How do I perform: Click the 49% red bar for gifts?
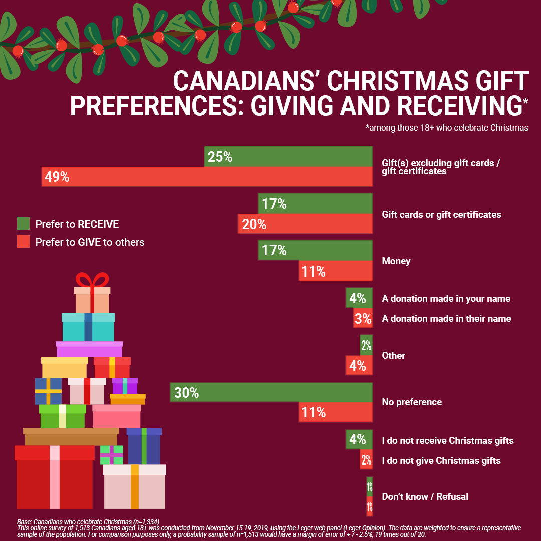point(206,177)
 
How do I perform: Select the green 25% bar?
point(288,157)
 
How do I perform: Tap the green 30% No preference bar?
point(271,393)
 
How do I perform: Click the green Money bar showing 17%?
point(315,250)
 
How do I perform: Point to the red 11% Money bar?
point(336,271)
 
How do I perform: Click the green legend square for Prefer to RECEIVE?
point(23,223)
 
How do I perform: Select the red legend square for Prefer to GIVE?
point(23,242)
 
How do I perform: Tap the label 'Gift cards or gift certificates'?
point(441,214)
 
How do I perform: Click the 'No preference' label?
point(412,402)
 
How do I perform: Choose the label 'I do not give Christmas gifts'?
point(441,460)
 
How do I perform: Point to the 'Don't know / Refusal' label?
point(425,496)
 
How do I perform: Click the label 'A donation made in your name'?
point(446,298)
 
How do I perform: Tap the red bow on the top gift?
point(92,280)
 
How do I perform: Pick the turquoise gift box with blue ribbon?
point(88,327)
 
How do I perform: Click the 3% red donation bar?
point(363,319)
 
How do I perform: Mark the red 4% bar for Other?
point(359,365)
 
